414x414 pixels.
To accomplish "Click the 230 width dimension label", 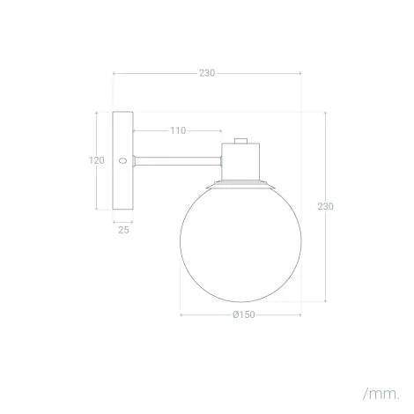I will tap(207, 73).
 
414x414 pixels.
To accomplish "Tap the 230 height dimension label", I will tap(326, 206).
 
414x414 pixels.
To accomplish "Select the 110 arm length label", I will tap(178, 131).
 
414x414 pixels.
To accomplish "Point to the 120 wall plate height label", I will tap(98, 160).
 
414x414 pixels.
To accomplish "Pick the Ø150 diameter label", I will tap(244, 315).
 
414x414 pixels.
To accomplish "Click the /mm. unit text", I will tap(380, 389).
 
